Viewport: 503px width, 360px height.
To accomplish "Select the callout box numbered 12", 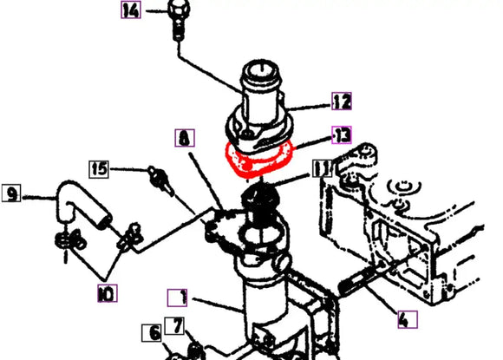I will tap(342, 102).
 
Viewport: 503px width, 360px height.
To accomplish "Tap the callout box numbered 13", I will tap(343, 134).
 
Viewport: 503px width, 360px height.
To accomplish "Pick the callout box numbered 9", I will tap(12, 194).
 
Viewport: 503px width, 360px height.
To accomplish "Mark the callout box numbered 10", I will tap(107, 294).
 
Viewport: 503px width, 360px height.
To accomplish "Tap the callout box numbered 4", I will tap(403, 320).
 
